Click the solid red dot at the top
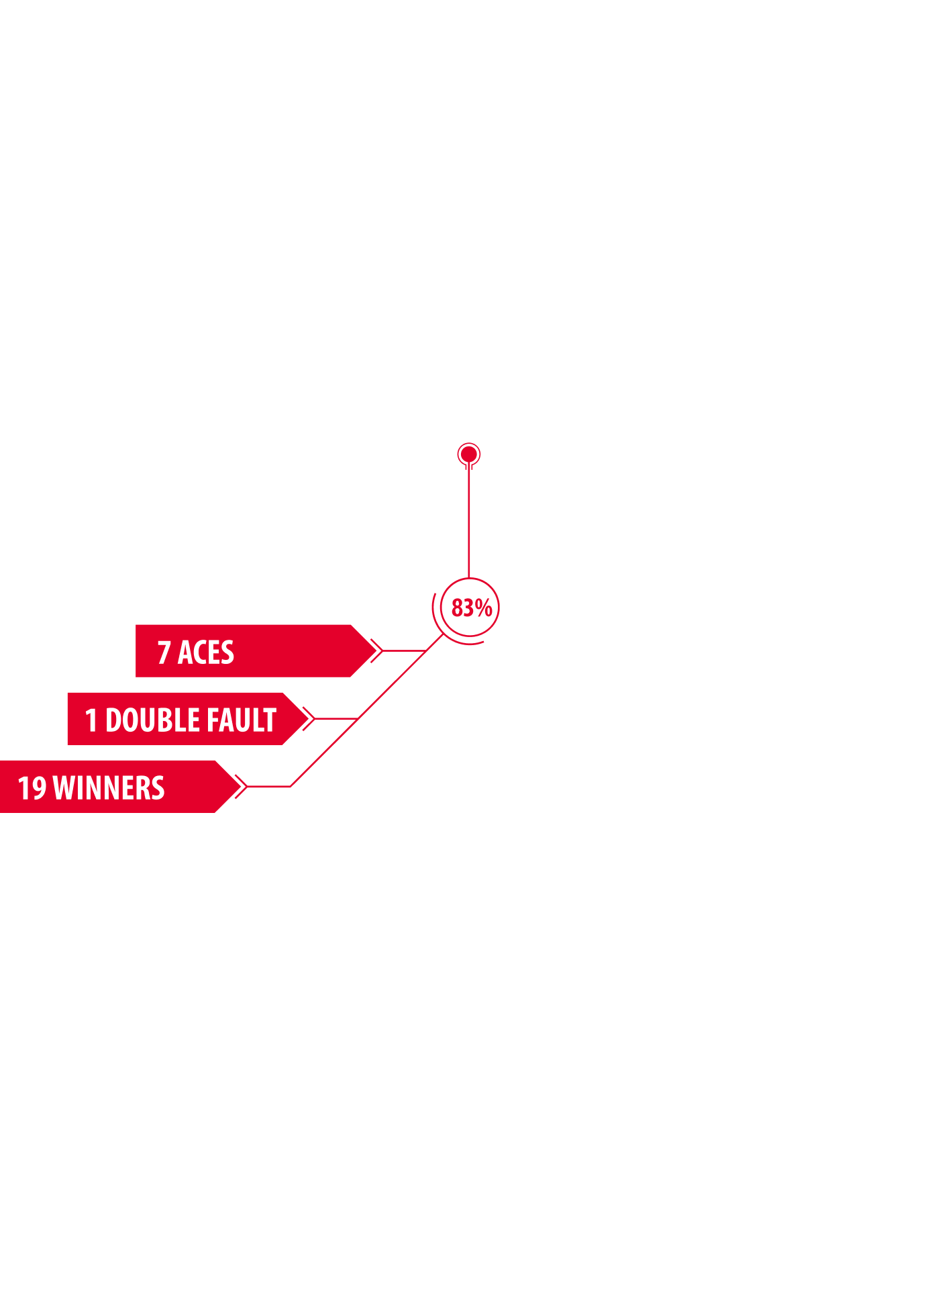point(468,454)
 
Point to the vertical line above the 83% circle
point(468,520)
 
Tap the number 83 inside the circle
point(462,608)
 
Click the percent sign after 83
point(484,608)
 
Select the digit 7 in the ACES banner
point(164,653)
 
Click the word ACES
point(206,653)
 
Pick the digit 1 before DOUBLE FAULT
point(91,720)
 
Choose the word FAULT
point(241,720)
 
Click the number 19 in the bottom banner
point(32,788)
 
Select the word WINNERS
point(109,788)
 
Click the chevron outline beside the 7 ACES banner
point(377,650)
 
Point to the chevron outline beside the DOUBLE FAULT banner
point(309,718)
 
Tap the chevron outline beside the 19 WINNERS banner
point(242,786)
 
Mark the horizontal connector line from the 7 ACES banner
point(405,650)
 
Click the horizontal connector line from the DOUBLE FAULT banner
point(336,718)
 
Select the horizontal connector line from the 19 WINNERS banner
point(268,786)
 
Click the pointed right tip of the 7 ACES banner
point(376,650)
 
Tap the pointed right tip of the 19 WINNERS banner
point(240,786)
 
